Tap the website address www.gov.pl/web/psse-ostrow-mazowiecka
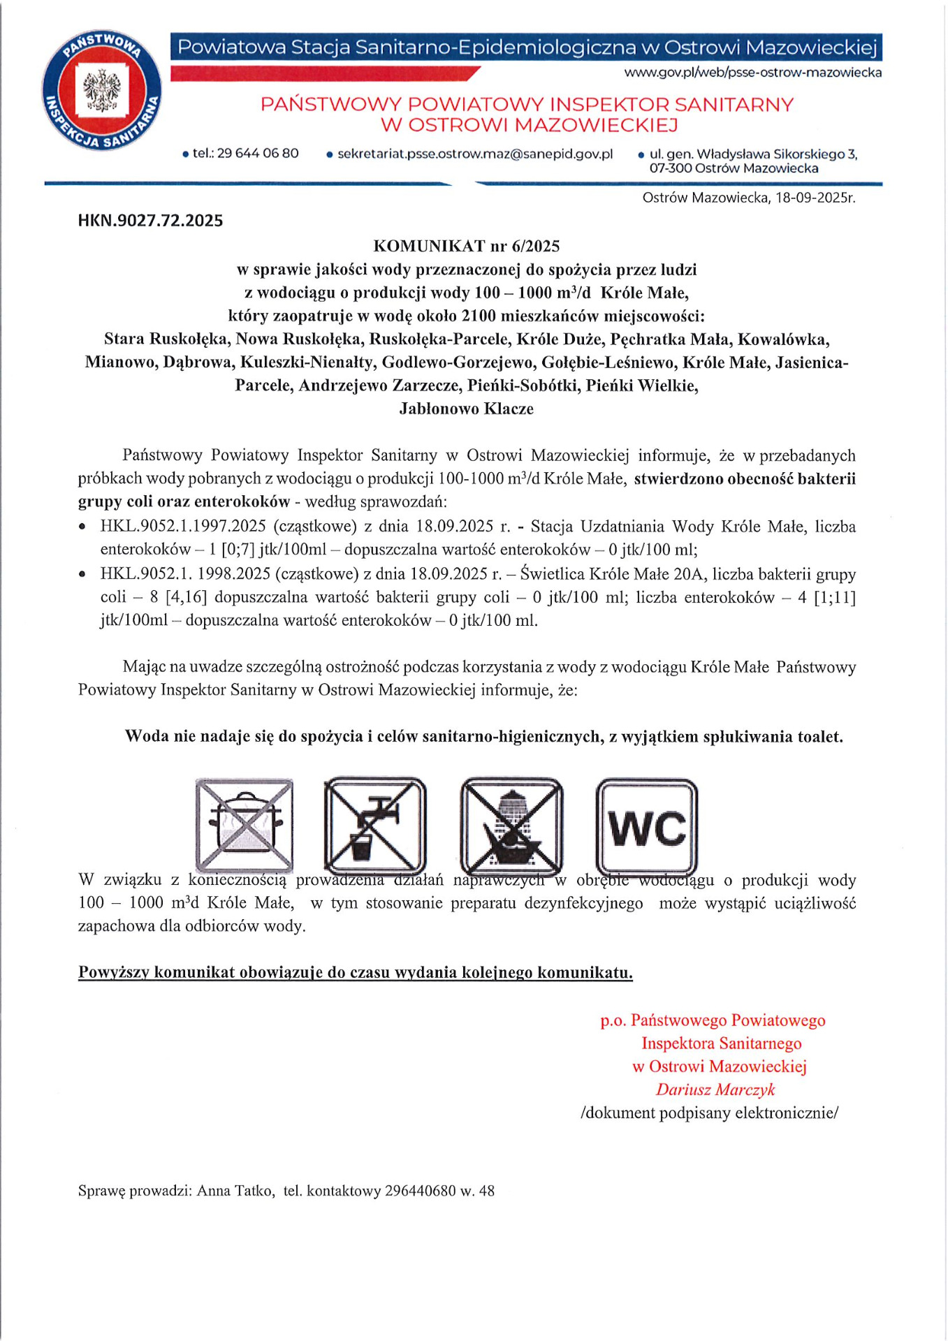[752, 73]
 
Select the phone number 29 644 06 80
[257, 153]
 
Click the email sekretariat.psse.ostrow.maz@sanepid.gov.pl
[475, 154]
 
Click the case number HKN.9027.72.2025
[151, 221]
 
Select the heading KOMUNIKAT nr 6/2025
[467, 246]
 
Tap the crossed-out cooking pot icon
[244, 825]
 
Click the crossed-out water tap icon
[375, 825]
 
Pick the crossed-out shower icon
[511, 825]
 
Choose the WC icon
[647, 825]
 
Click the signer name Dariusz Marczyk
[715, 1090]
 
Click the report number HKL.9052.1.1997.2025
[183, 526]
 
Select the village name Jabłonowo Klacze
[467, 409]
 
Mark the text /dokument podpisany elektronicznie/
[709, 1113]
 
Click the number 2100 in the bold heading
[479, 316]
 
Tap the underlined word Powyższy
[113, 972]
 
